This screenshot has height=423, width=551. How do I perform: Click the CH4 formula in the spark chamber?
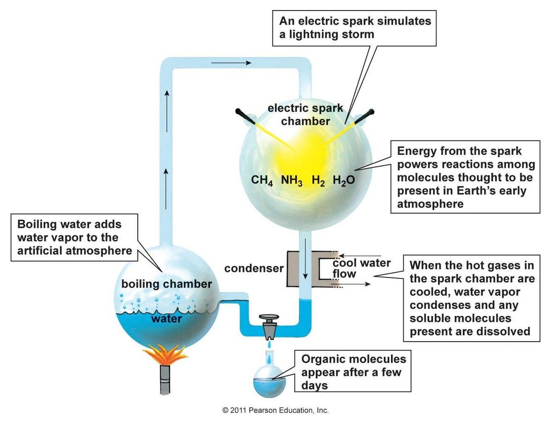tap(262, 180)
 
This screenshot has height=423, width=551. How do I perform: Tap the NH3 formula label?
tap(292, 180)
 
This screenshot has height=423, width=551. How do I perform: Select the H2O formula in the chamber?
tap(344, 180)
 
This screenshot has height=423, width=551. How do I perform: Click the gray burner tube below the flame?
tap(165, 379)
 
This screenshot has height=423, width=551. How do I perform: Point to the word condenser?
tap(253, 269)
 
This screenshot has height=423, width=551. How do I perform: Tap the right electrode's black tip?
tap(370, 111)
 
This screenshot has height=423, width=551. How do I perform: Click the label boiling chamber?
tap(166, 284)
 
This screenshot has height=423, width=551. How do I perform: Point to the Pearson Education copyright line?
tap(275, 410)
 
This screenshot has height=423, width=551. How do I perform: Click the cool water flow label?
tap(361, 268)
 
